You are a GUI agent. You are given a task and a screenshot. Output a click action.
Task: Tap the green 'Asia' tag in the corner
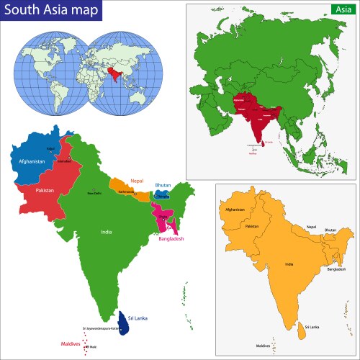pyautogui.click(x=341, y=9)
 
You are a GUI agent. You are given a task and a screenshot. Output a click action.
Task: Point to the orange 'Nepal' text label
pyautogui.click(x=138, y=181)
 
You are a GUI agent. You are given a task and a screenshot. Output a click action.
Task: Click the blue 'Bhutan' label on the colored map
pyautogui.click(x=163, y=186)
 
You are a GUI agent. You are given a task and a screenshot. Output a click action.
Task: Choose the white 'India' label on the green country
pyautogui.click(x=106, y=233)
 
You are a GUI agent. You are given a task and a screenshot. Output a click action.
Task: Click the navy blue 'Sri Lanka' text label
pyautogui.click(x=138, y=318)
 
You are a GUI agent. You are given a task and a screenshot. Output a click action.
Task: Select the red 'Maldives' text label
pyautogui.click(x=71, y=344)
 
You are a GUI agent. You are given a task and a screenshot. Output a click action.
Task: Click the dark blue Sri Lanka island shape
pyautogui.click(x=125, y=326)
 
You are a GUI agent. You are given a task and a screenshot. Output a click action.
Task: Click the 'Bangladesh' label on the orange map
pyautogui.click(x=337, y=269)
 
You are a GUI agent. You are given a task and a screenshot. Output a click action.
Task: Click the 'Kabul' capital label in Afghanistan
pyautogui.click(x=31, y=150)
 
